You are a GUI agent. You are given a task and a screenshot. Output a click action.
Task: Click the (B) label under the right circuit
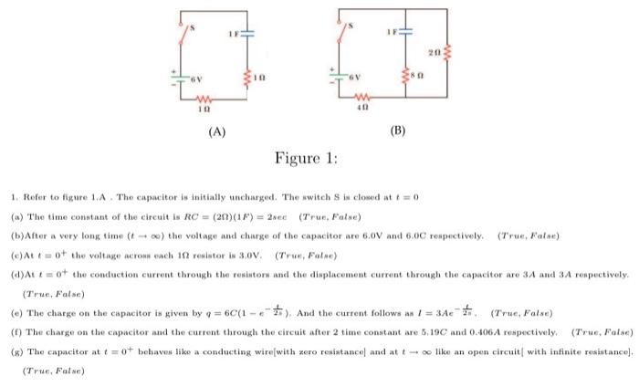pos(396,131)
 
